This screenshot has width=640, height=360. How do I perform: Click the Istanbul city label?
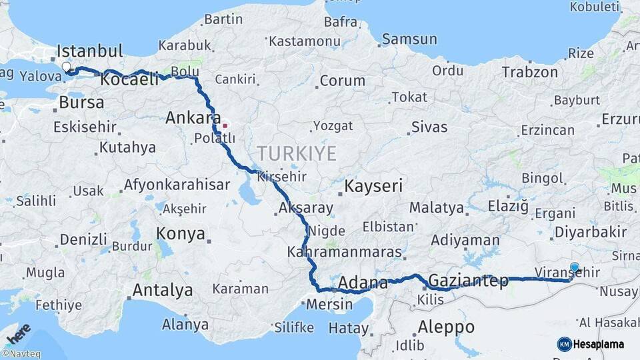pos(90,51)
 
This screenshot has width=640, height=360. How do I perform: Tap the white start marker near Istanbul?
pos(67,67)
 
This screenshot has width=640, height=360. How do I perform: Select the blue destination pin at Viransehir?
pos(575,268)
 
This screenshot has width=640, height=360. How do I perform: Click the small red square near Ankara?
pos(225,125)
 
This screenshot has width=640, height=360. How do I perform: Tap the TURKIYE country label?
pos(297,153)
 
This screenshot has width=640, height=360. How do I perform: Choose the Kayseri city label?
pos(373,186)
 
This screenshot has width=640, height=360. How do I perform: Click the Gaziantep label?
pos(469,281)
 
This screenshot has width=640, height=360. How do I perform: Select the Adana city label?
pos(363,283)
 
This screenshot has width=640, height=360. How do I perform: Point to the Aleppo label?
pos(446,327)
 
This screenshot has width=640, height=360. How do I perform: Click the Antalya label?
pos(163,290)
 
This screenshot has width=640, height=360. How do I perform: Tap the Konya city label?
pos(180,233)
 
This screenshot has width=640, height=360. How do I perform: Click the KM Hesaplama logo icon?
pos(565,344)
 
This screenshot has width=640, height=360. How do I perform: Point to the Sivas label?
pos(429,127)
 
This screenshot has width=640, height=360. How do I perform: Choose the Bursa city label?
pos(81,103)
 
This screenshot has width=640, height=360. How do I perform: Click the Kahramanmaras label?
pos(345,252)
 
